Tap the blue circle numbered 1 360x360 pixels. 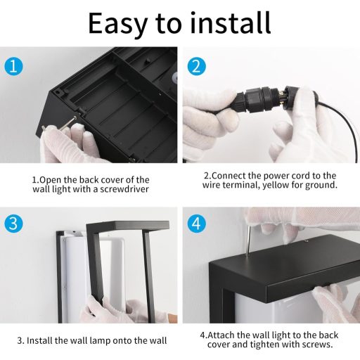click(x=14, y=66)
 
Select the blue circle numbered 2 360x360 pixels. click(x=197, y=66)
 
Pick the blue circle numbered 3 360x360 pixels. click(x=14, y=223)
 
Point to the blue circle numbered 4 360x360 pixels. click(x=197, y=223)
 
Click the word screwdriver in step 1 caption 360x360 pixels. click(x=124, y=189)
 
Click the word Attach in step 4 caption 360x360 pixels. click(x=221, y=335)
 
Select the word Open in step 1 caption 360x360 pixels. click(x=50, y=180)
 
